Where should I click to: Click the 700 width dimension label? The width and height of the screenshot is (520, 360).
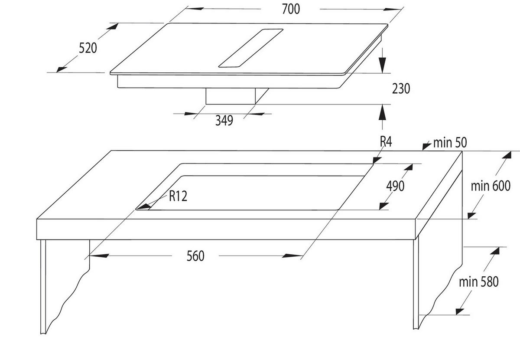coord(290,9)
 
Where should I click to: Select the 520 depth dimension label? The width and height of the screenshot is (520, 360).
coord(88,47)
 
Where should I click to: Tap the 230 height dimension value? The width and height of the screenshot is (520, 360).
coord(400,88)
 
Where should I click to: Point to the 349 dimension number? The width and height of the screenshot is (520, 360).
coord(224,120)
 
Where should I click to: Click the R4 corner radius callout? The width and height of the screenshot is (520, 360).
coord(386,142)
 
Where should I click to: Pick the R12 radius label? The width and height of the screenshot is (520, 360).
coord(178,196)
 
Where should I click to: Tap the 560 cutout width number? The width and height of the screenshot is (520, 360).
coord(195,256)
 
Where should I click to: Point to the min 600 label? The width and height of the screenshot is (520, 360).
coord(491,186)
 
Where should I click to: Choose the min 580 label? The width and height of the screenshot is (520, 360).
coord(479,282)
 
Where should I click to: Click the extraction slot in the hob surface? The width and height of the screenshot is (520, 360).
coord(251,48)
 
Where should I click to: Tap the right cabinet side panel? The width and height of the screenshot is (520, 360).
coord(416,286)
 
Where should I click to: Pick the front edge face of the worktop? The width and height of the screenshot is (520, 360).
coord(225,229)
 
